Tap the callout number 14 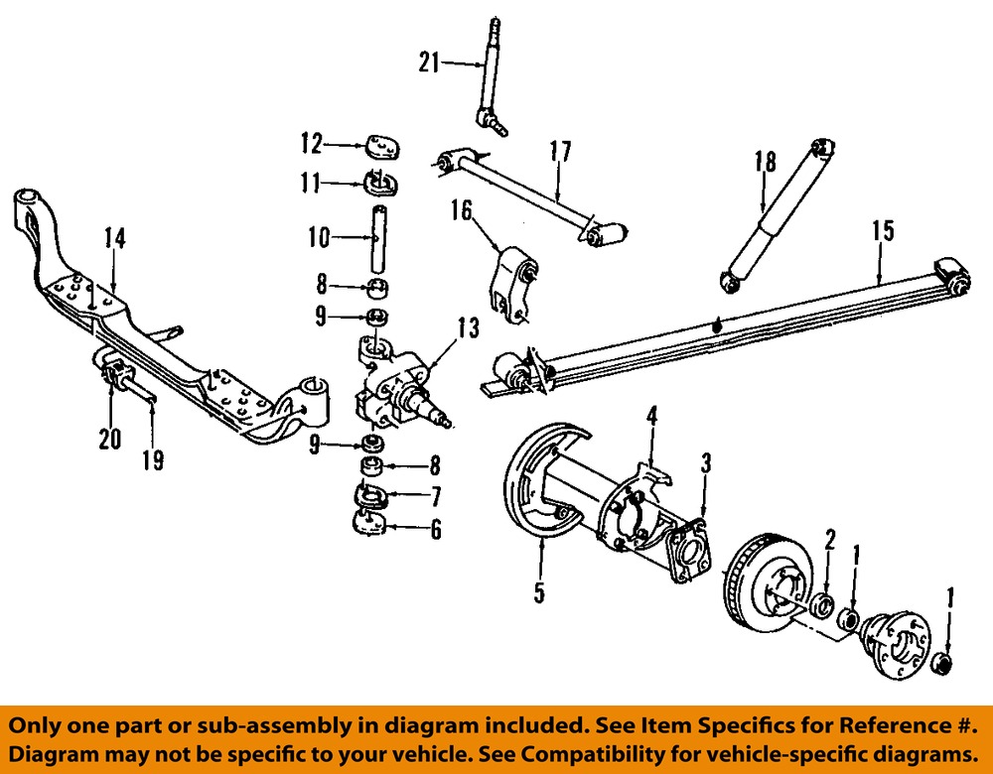[115, 238]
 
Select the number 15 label [882, 230]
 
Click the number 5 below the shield [539, 593]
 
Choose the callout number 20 [109, 438]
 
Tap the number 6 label [435, 531]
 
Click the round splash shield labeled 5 [541, 476]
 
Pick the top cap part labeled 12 [382, 146]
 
